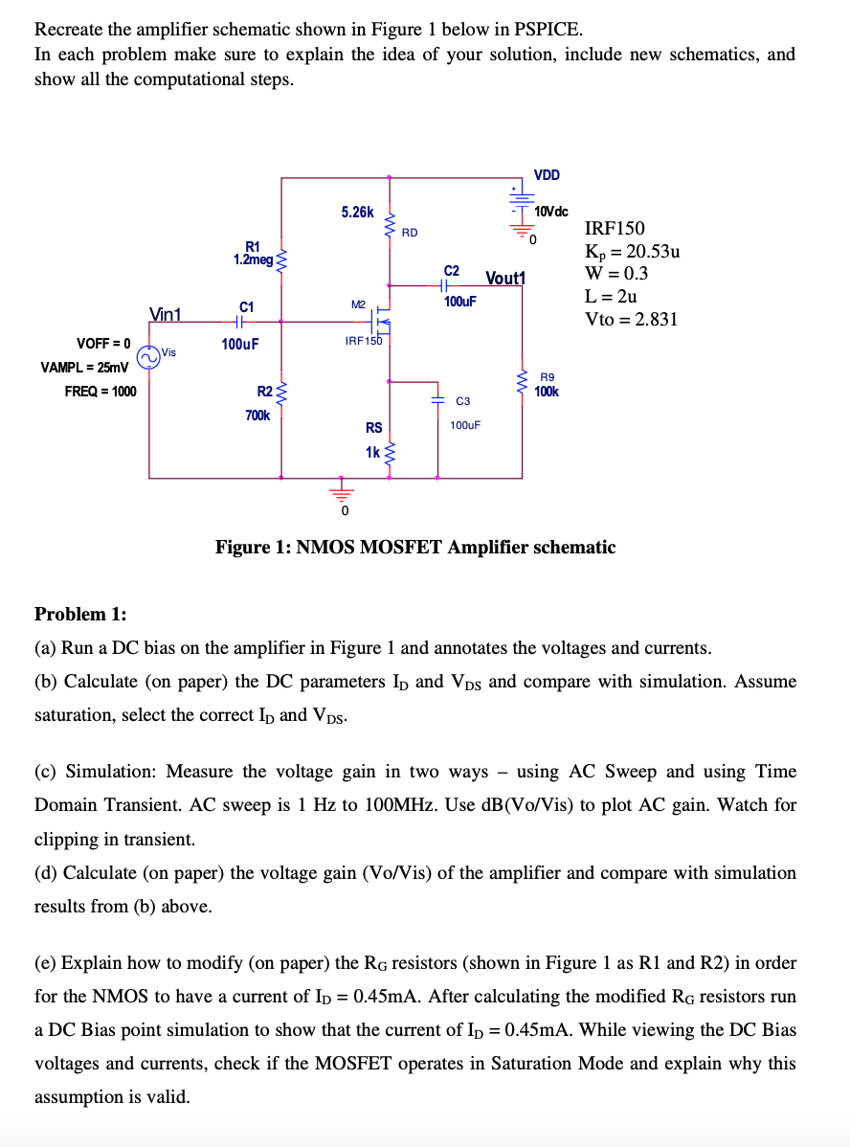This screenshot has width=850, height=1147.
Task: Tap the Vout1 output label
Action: pyautogui.click(x=505, y=278)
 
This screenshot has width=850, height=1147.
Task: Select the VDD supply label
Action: pyautogui.click(x=548, y=174)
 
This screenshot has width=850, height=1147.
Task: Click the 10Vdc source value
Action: pyautogui.click(x=551, y=211)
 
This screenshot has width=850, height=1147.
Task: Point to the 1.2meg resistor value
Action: pyautogui.click(x=253, y=259)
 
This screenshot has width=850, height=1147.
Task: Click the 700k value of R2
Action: pyautogui.click(x=257, y=416)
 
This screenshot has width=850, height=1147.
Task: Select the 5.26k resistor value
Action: pyautogui.click(x=357, y=212)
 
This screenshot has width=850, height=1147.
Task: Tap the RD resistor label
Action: pyautogui.click(x=410, y=233)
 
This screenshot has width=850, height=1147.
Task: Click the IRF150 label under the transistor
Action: pyautogui.click(x=364, y=341)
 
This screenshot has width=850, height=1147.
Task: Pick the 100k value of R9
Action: pyautogui.click(x=548, y=392)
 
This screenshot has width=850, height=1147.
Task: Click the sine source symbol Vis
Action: pyautogui.click(x=148, y=357)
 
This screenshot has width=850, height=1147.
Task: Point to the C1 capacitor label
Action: pyautogui.click(x=246, y=306)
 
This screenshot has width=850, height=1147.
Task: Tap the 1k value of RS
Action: pyautogui.click(x=372, y=451)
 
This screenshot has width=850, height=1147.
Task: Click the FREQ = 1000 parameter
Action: pyautogui.click(x=100, y=391)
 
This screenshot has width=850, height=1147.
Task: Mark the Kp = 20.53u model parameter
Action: pyautogui.click(x=632, y=252)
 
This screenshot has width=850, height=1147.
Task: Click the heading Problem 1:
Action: pyautogui.click(x=80, y=614)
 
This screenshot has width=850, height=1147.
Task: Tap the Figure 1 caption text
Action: pyautogui.click(x=415, y=548)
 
